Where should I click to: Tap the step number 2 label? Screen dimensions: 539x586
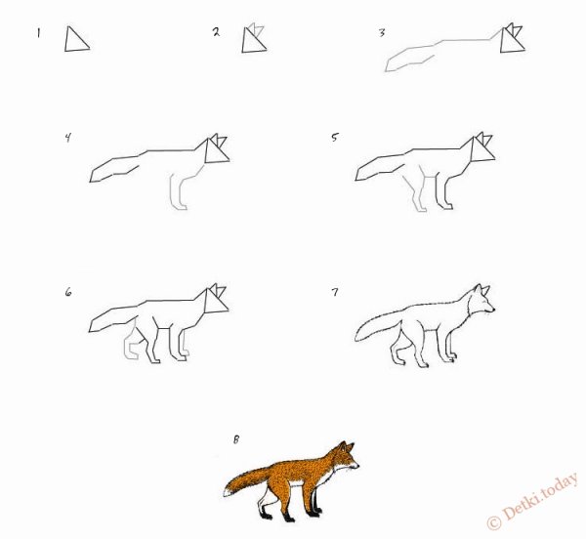point(216,32)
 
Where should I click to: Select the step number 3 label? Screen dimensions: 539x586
point(382,33)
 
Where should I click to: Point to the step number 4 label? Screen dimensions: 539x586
point(67,138)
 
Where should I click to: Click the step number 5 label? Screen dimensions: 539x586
point(335,138)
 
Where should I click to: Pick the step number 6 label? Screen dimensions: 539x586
point(68,291)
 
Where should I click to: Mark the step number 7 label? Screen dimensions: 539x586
point(335,291)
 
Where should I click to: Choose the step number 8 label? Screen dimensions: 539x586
point(235,440)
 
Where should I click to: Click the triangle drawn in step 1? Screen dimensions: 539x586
point(76,40)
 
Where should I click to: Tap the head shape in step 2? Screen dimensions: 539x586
point(256,38)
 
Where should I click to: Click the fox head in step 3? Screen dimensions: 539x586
point(513,39)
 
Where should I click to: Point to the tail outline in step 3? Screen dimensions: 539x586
point(410,61)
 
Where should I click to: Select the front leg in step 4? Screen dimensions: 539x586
point(180,191)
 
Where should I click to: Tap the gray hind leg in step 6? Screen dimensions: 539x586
point(129,345)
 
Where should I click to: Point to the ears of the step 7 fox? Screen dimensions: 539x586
point(480,291)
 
